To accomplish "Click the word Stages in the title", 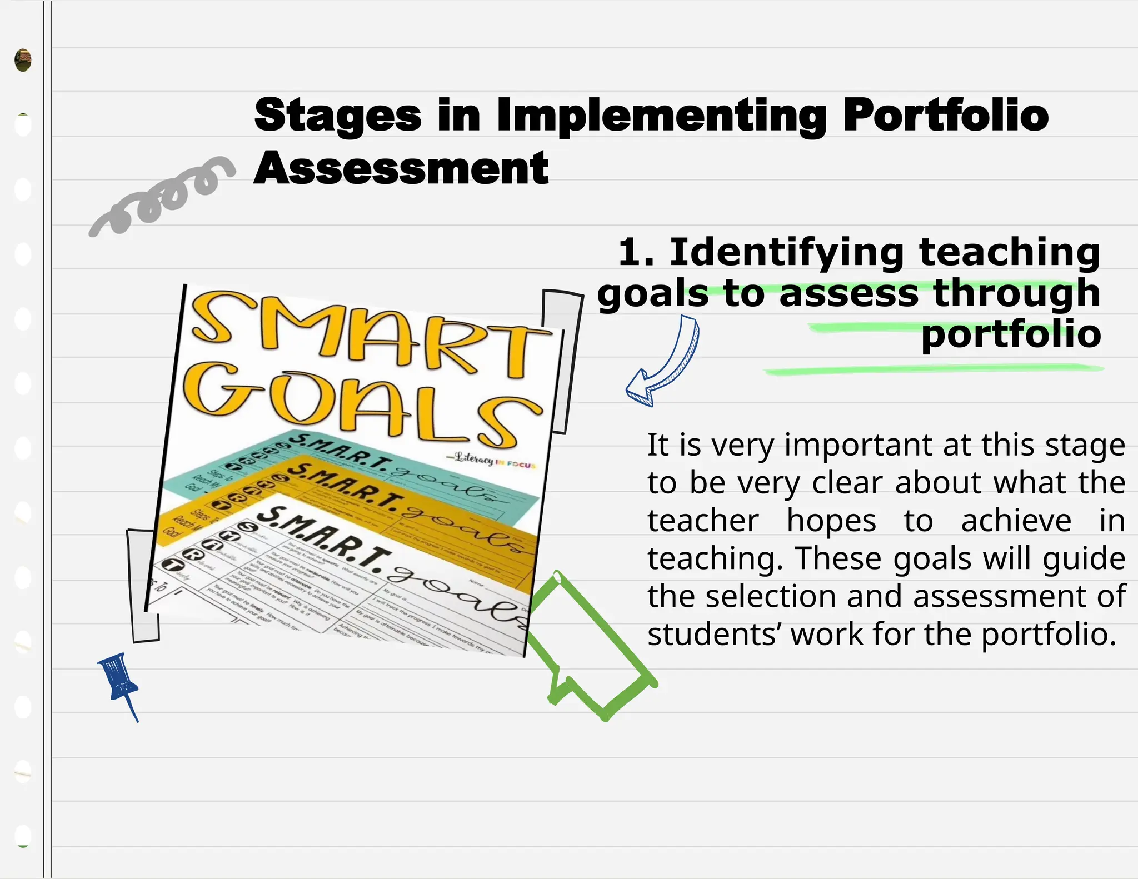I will [x=338, y=116].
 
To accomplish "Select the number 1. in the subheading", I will [x=636, y=252].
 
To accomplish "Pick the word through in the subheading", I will [x=1016, y=293].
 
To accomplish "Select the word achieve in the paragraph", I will [x=1016, y=521].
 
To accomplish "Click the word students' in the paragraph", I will [x=713, y=635].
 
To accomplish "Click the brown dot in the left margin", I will [x=23, y=60].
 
